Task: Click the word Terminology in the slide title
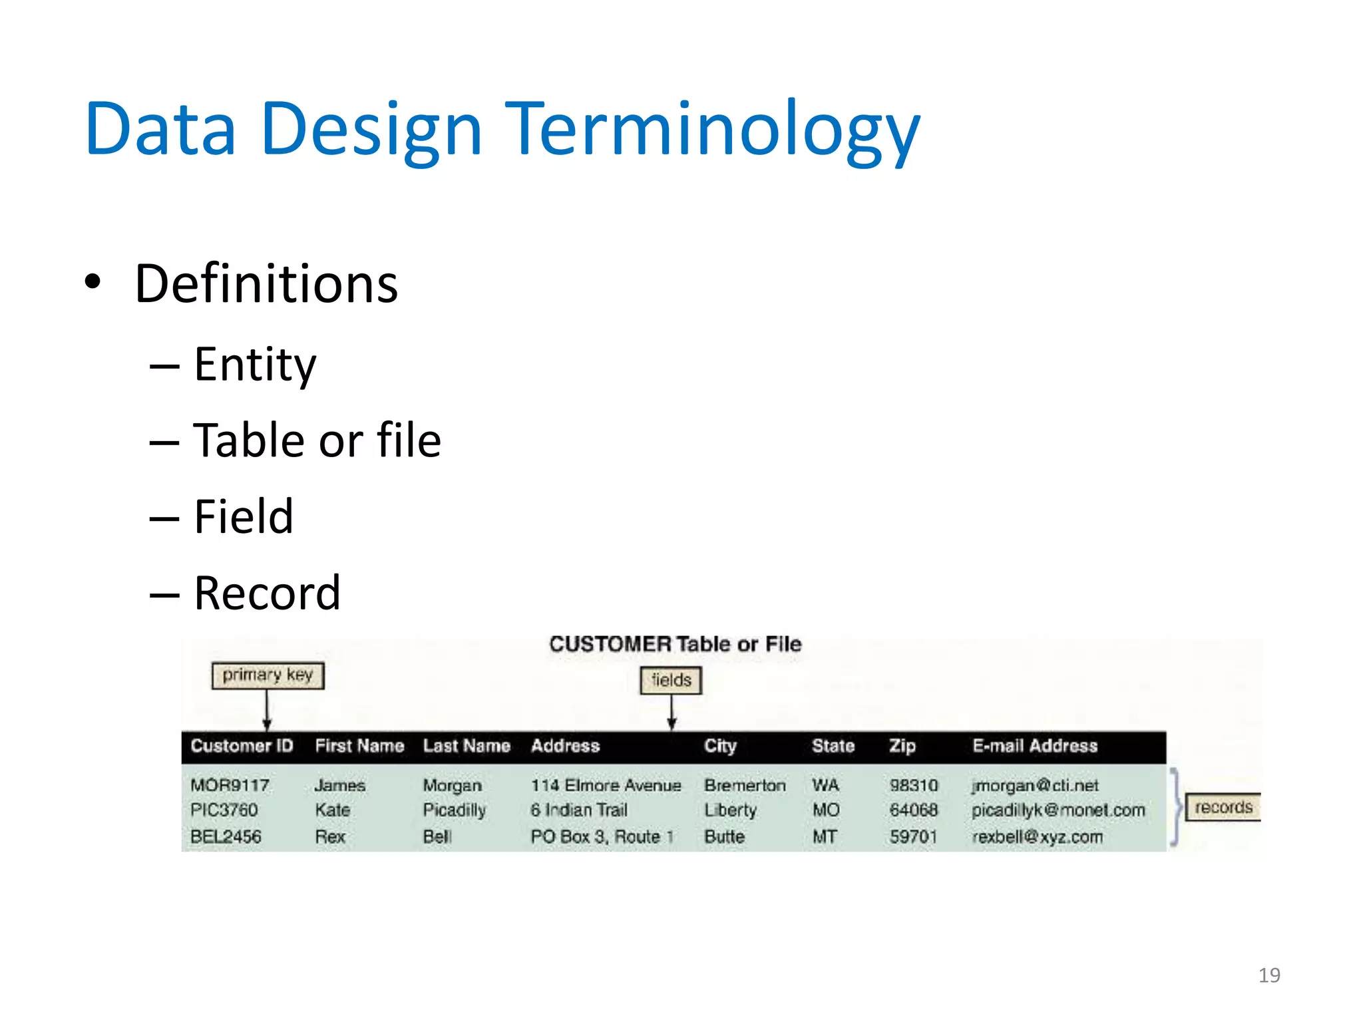(x=712, y=130)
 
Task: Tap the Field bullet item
(x=243, y=517)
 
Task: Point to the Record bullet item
(x=267, y=593)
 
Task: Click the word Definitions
(x=266, y=284)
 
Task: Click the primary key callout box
(x=268, y=675)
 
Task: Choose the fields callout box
(x=671, y=680)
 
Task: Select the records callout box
(x=1223, y=807)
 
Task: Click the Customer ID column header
(x=242, y=746)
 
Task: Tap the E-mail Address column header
(x=1034, y=746)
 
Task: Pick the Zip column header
(x=902, y=746)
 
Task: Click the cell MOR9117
(x=230, y=786)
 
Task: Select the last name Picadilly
(x=455, y=810)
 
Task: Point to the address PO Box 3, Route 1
(x=602, y=836)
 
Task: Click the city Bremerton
(x=745, y=786)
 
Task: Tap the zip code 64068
(x=913, y=810)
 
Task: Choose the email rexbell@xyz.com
(x=1037, y=836)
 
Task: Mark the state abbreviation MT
(x=824, y=836)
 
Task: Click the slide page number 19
(x=1269, y=975)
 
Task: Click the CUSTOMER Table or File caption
(x=675, y=644)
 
